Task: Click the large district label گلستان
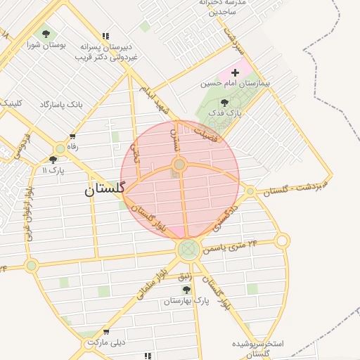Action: click(x=104, y=188)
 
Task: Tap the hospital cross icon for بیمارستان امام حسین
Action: click(x=235, y=72)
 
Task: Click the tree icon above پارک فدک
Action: click(x=224, y=103)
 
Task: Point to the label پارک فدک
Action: click(x=229, y=112)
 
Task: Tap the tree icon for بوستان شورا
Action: click(x=46, y=34)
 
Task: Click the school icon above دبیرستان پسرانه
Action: click(x=105, y=36)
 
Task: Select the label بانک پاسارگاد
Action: click(x=61, y=104)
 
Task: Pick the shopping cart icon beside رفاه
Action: click(x=72, y=136)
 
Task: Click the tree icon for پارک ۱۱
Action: click(x=53, y=160)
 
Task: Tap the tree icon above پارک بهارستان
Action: click(x=186, y=289)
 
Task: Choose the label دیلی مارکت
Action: click(x=105, y=342)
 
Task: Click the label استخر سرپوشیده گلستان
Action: click(x=258, y=349)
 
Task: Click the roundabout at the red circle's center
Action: click(x=179, y=165)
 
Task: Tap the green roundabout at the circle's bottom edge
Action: click(x=188, y=249)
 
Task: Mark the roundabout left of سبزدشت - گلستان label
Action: click(x=250, y=191)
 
